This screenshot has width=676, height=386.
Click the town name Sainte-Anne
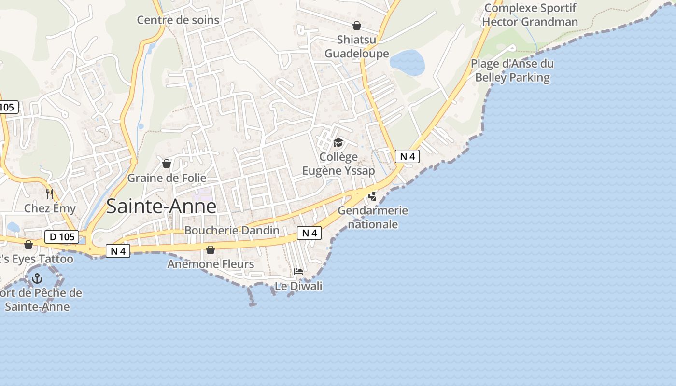point(161,207)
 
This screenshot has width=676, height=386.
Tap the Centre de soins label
point(178,20)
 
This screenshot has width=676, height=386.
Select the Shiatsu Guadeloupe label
point(356,46)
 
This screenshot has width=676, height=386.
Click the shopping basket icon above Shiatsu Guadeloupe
point(357,26)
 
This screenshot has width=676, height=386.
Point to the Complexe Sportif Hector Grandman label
point(530,15)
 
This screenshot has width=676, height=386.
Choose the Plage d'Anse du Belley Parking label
point(512,70)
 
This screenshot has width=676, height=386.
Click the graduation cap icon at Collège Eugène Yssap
point(338,142)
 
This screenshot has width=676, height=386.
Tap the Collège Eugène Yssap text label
point(338,164)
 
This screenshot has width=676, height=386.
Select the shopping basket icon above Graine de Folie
point(167,164)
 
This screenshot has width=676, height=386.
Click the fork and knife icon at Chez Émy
point(50,194)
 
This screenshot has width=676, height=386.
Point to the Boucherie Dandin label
point(232,230)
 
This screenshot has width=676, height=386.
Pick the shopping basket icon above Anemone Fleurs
point(211,249)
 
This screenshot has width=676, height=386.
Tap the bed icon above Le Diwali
point(298,272)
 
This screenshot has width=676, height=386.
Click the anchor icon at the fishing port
point(37,278)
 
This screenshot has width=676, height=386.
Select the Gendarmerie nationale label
point(373,217)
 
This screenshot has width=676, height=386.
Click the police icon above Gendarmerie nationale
point(372,196)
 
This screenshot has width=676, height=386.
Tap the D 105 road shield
point(62,237)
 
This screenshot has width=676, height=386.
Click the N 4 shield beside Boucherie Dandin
point(309,233)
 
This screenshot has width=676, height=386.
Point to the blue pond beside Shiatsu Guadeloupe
point(407,62)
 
